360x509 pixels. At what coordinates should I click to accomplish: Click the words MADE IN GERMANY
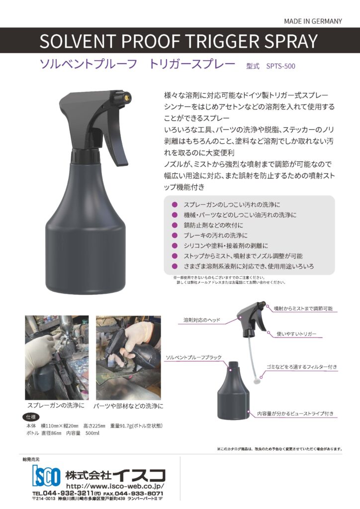click(x=313, y=21)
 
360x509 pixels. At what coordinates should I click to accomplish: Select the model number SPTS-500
click(x=280, y=66)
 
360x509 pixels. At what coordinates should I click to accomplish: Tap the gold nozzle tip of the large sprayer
click(x=127, y=96)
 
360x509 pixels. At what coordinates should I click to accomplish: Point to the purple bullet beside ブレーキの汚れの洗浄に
click(x=175, y=235)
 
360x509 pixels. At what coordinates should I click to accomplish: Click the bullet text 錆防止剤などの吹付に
click(x=213, y=225)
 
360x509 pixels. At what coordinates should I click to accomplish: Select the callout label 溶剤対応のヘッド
click(x=201, y=320)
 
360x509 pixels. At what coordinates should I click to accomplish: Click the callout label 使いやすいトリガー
click(x=296, y=334)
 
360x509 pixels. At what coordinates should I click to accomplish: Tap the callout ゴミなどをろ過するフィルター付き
click(x=301, y=367)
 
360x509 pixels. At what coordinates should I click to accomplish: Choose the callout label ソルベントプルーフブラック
click(x=193, y=357)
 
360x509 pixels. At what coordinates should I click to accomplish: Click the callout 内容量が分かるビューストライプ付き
click(x=295, y=414)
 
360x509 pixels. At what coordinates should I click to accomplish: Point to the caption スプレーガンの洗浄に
click(x=56, y=406)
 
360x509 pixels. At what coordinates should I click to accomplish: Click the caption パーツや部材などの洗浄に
click(x=128, y=406)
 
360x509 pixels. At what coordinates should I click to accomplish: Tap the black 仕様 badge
click(x=31, y=417)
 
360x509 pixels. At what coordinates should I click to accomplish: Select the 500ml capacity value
click(x=92, y=433)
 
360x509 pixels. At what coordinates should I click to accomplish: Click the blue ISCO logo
click(x=46, y=476)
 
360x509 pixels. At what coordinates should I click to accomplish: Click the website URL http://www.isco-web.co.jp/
click(x=115, y=486)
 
